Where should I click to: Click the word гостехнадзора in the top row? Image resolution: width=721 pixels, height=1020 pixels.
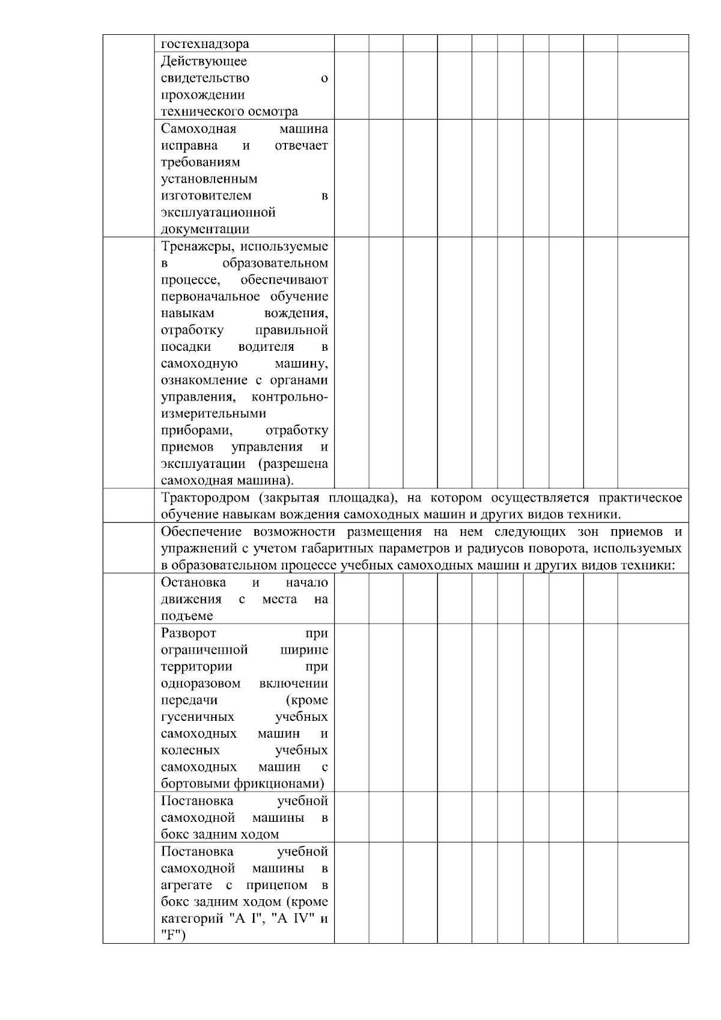[205, 44]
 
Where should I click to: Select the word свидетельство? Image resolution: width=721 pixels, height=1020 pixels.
[205, 78]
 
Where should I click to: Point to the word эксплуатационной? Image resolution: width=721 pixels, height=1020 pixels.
[218, 213]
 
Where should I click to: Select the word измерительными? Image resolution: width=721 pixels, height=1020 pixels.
[213, 414]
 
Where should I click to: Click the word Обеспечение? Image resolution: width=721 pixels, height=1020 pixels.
[201, 532]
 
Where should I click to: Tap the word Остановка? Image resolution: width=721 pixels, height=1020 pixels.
[193, 583]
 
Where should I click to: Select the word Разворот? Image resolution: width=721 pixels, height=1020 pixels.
[189, 633]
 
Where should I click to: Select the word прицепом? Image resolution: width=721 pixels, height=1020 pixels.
[276, 885]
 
